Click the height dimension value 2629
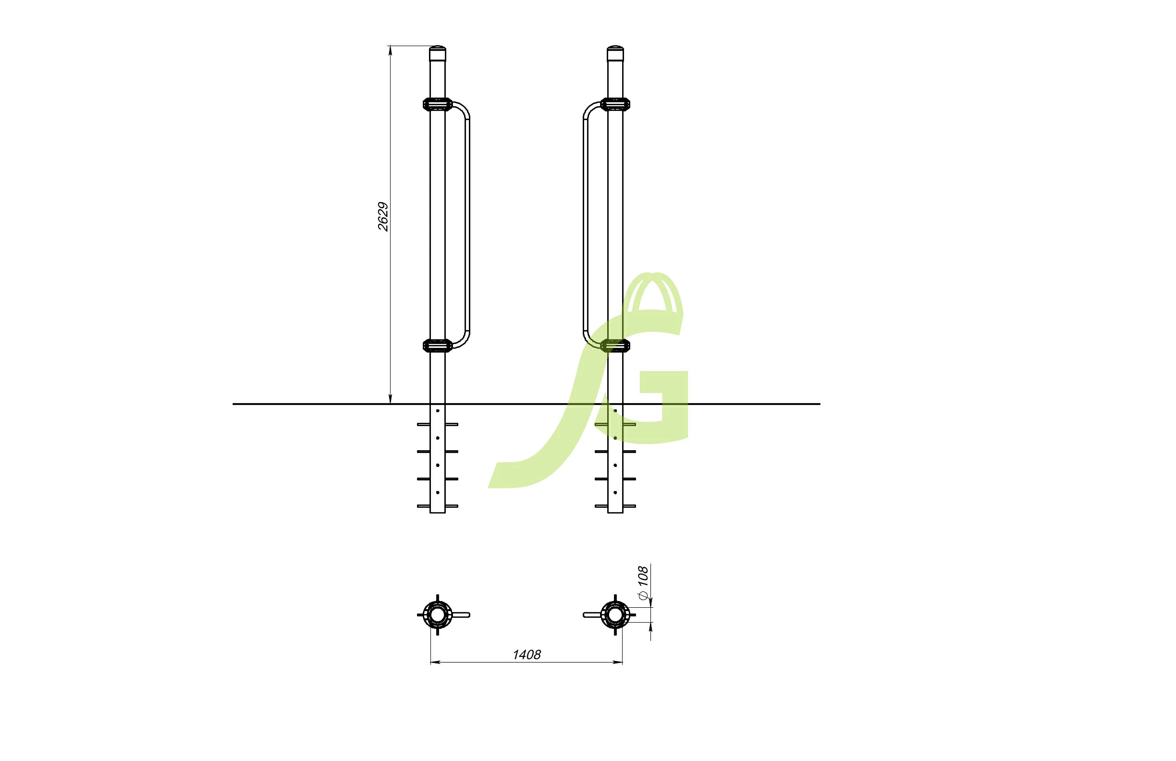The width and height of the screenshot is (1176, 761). pos(383,217)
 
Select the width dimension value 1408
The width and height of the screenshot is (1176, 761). pos(527,655)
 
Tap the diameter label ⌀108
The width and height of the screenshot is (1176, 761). pos(642,583)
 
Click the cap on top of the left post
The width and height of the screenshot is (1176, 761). pos(438,53)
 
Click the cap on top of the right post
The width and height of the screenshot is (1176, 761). pos(615,53)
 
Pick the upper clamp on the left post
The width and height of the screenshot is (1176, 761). pos(438,104)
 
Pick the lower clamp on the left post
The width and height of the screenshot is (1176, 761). pos(438,345)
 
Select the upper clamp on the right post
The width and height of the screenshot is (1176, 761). pos(615,104)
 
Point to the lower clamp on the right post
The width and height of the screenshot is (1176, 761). pos(615,345)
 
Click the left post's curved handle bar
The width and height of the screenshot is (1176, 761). pos(467,225)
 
